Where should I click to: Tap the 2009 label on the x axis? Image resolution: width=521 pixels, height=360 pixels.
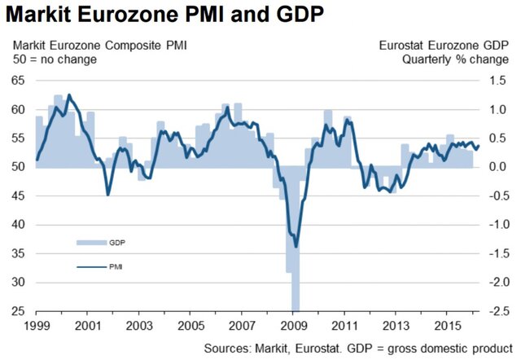292,325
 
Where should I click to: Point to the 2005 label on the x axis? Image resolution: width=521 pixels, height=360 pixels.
190,325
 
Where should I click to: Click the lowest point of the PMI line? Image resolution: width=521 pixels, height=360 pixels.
296,246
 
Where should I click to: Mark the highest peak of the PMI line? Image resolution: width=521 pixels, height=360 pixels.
68,95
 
